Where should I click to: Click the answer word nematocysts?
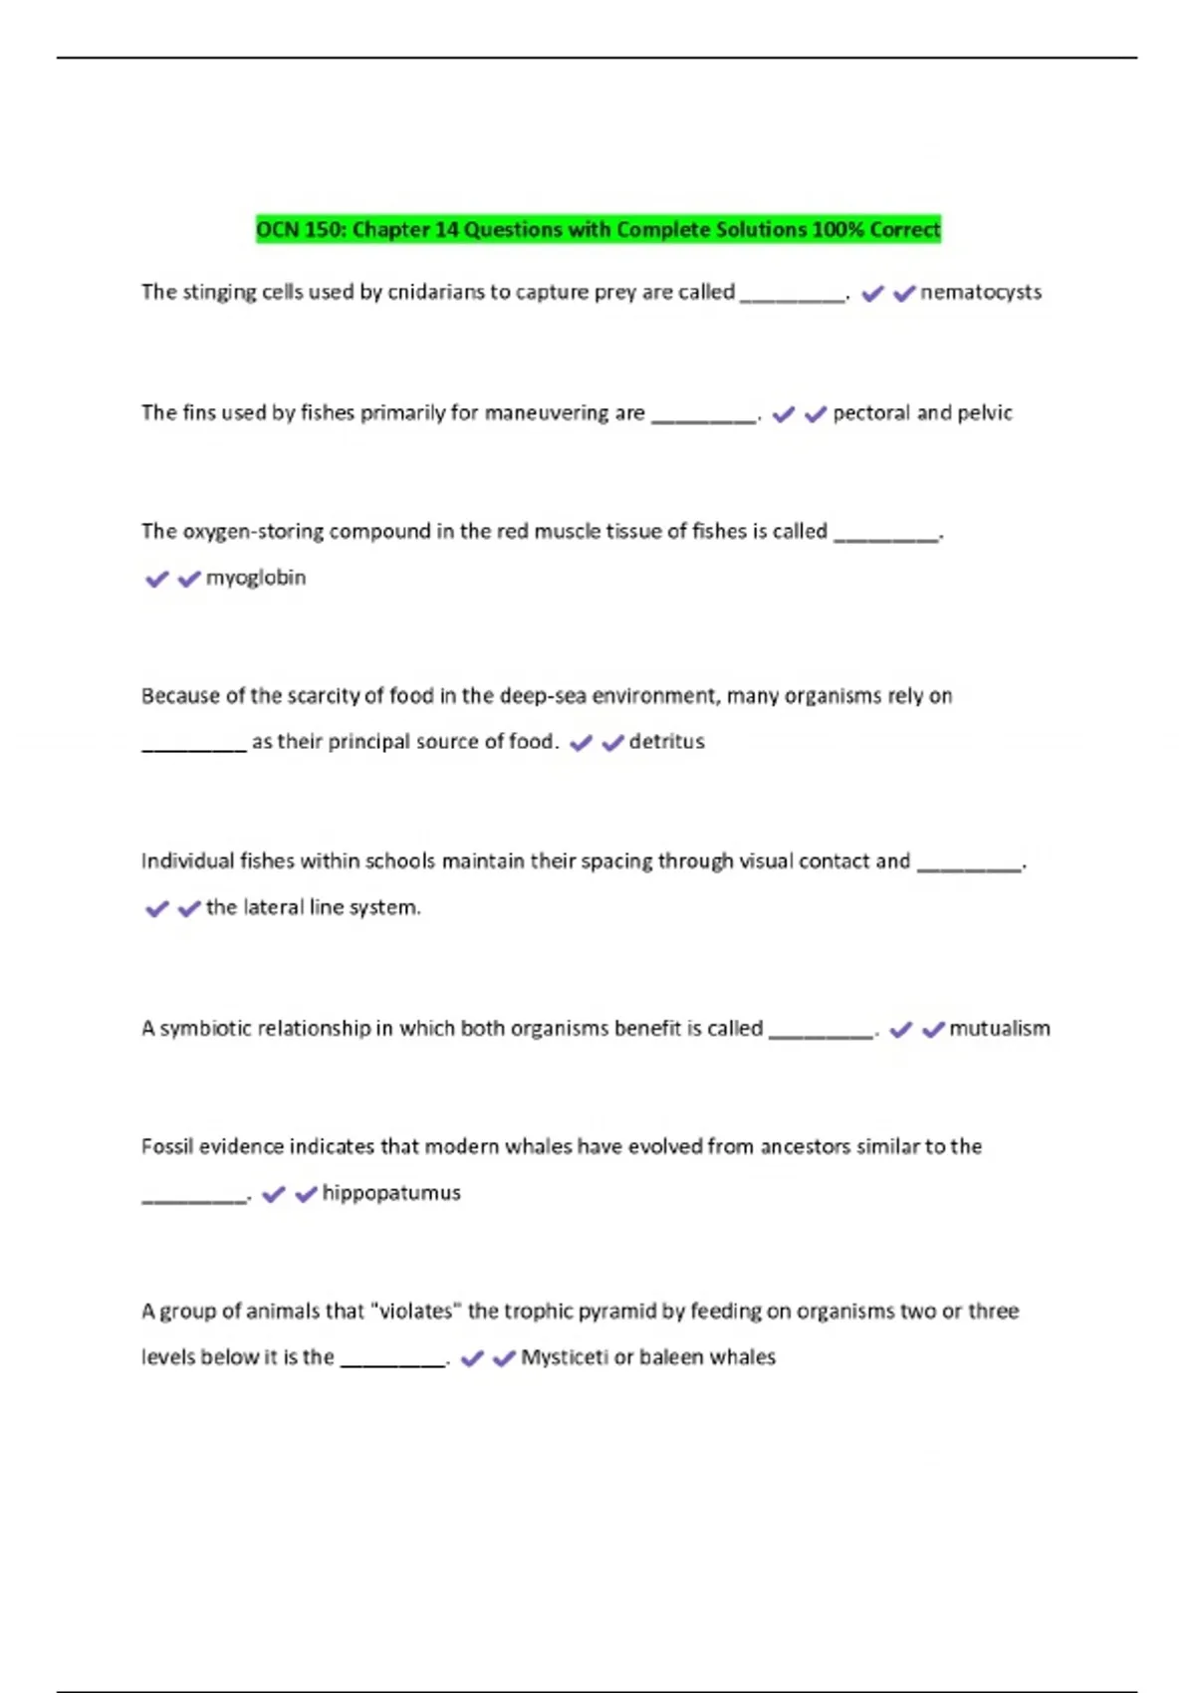[980, 293]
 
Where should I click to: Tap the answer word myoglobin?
[255, 578]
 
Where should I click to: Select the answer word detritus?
[666, 742]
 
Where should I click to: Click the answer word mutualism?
[999, 1029]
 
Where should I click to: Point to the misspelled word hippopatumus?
[391, 1193]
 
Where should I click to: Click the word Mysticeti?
[564, 1357]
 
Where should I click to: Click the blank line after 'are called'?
[793, 297]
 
